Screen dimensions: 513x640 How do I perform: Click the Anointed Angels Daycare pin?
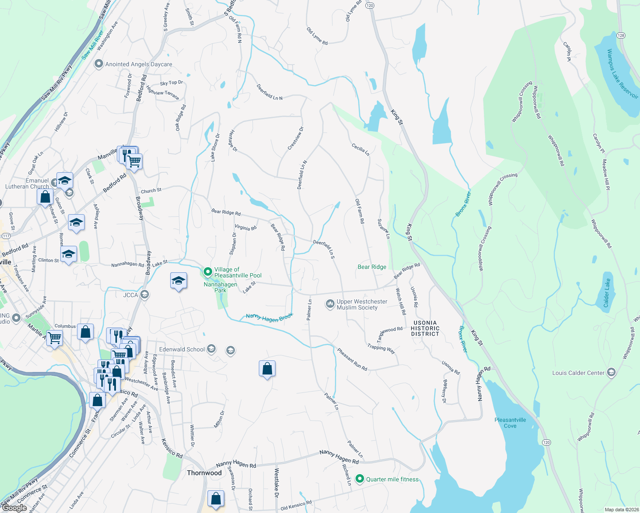(x=99, y=64)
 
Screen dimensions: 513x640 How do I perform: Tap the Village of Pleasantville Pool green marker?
(x=208, y=272)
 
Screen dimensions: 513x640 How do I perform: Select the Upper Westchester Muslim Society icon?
(x=330, y=304)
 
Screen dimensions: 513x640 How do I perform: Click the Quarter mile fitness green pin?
(x=360, y=479)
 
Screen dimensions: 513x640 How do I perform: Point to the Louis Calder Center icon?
(x=611, y=372)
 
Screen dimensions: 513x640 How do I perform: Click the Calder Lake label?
(x=607, y=293)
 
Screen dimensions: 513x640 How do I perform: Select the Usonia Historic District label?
(x=425, y=328)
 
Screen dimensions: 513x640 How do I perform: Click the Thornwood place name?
(x=204, y=473)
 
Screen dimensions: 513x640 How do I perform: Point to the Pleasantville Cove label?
(x=510, y=423)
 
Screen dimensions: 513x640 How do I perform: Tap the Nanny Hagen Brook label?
(x=270, y=317)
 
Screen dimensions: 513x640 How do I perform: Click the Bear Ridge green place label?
(x=372, y=267)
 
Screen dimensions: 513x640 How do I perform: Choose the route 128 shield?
(x=621, y=35)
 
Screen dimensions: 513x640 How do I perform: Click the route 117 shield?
(x=6, y=236)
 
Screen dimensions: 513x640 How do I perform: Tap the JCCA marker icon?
(x=145, y=295)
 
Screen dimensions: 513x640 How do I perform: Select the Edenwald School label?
(x=182, y=349)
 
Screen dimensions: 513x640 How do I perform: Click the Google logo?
(x=14, y=508)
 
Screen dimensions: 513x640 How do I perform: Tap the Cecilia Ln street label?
(x=361, y=149)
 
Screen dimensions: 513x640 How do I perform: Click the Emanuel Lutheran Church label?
(x=27, y=183)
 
